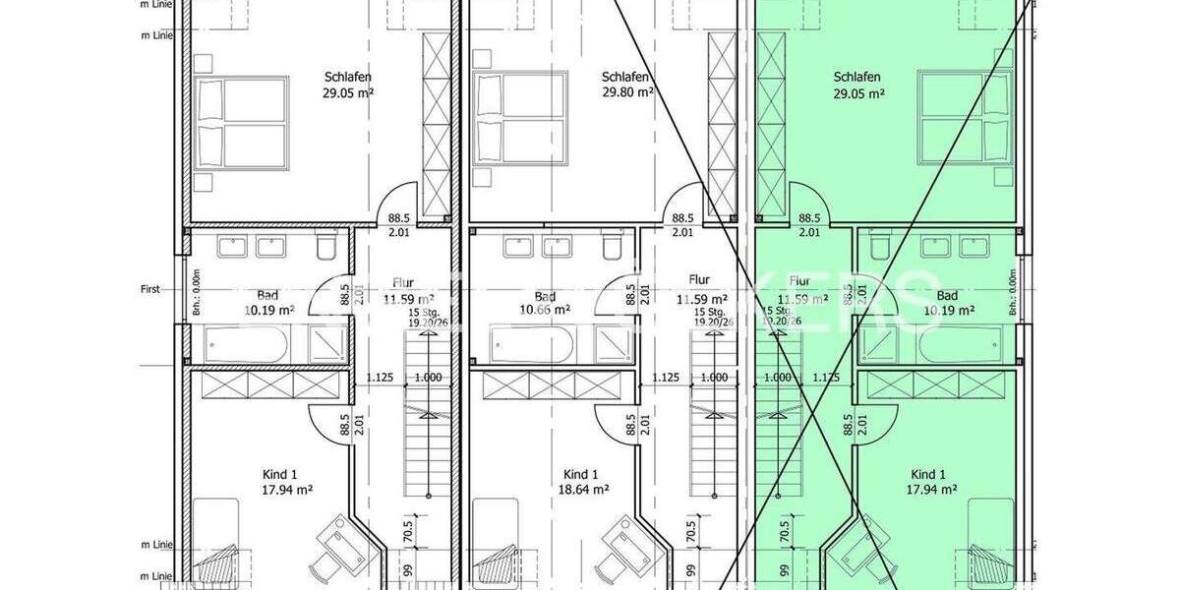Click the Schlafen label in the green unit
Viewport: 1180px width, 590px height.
point(856,77)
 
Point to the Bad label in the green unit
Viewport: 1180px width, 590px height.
point(947,296)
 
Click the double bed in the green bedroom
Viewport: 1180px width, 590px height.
point(964,117)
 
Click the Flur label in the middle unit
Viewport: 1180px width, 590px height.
point(699,280)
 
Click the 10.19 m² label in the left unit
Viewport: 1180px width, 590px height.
point(269,310)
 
